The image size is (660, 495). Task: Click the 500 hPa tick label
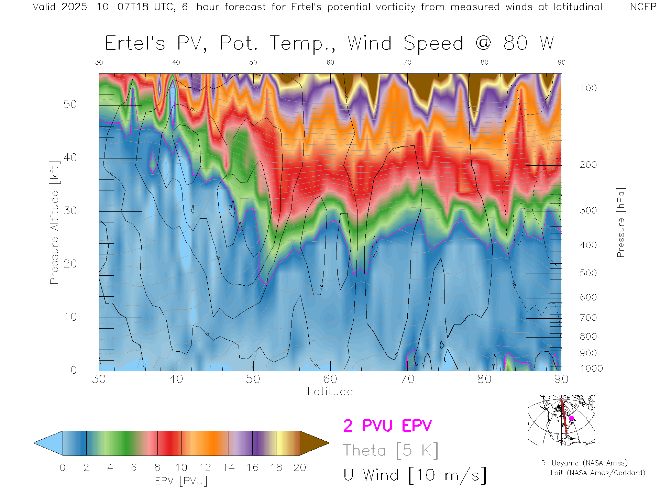[x=588, y=273]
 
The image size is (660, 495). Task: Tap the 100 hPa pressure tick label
[x=588, y=88]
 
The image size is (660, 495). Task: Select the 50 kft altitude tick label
[x=70, y=104]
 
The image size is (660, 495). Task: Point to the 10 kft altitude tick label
[x=70, y=317]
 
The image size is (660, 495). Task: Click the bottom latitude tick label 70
[x=407, y=379]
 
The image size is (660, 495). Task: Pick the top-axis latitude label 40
[x=176, y=62]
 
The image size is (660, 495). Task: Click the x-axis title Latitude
[x=330, y=392]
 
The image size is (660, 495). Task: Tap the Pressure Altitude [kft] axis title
[x=54, y=222]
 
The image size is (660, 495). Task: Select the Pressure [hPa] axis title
[x=620, y=222]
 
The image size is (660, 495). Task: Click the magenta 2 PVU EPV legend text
[x=387, y=426]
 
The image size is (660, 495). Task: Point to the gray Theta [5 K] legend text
[x=390, y=450]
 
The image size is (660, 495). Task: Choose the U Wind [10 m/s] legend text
[x=415, y=475]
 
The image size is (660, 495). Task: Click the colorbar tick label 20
[x=300, y=467]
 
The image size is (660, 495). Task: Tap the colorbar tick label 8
[x=157, y=467]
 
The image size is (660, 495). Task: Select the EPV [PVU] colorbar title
[x=181, y=481]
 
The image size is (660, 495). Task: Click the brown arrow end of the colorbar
[x=313, y=443]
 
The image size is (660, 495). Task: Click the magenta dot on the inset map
[x=571, y=418]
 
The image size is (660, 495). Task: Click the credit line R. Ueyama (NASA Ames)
[x=584, y=463]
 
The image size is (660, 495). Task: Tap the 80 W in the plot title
[x=528, y=44]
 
